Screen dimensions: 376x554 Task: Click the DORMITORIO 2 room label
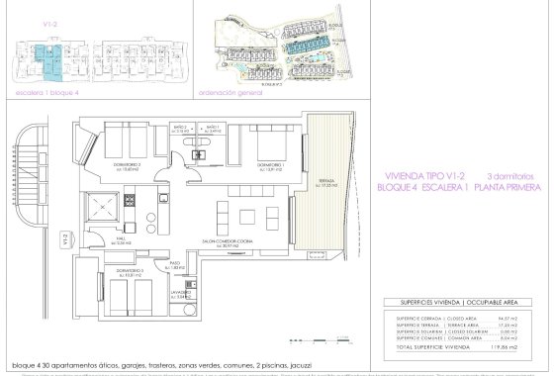[123, 163]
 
